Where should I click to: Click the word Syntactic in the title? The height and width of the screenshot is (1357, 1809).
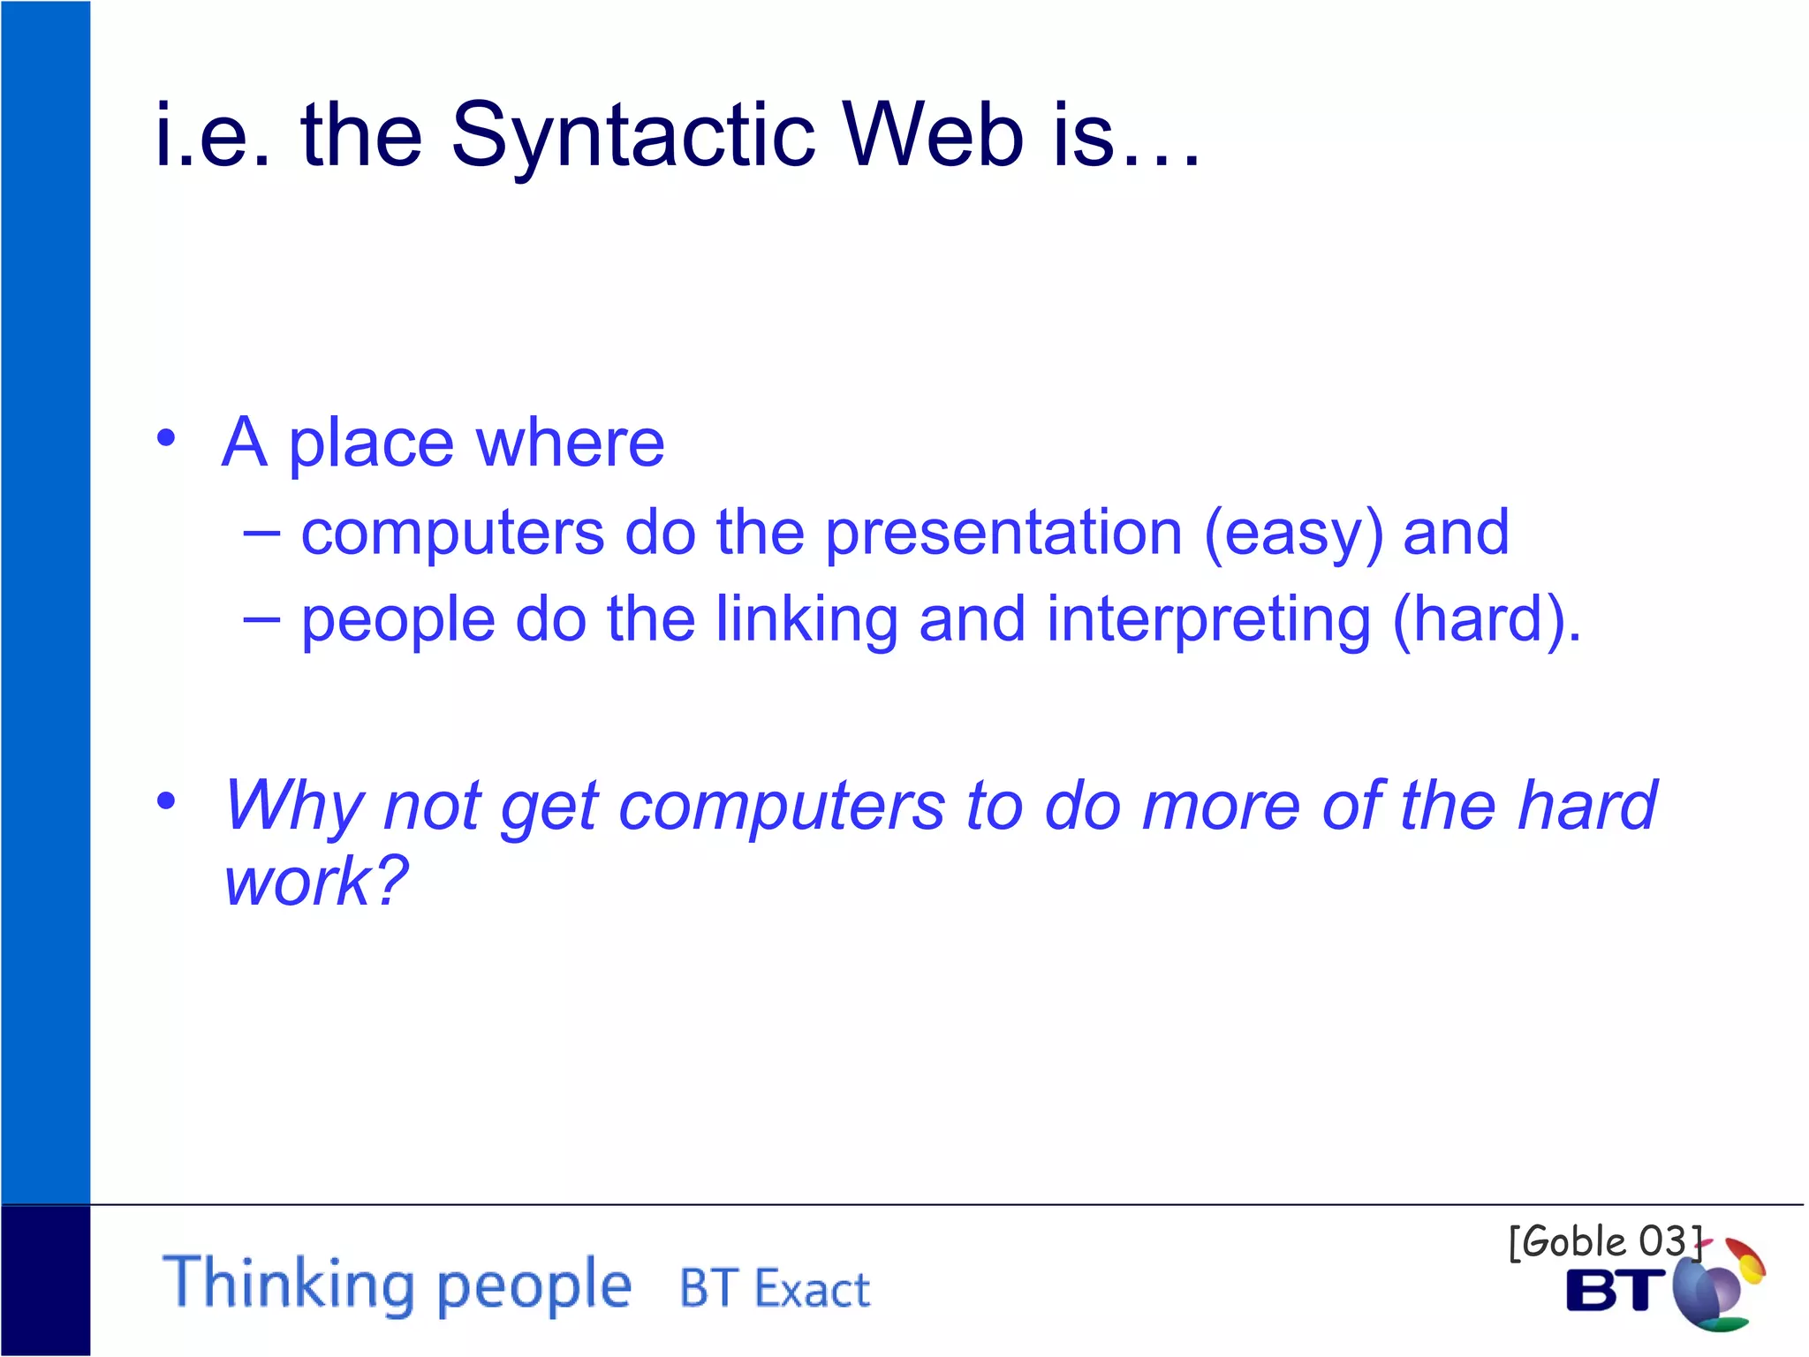(632, 135)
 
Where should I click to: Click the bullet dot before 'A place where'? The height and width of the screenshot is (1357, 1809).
(166, 438)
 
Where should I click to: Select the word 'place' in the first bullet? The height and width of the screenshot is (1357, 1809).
(371, 443)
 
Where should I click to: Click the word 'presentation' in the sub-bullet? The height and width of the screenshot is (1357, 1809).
(1003, 534)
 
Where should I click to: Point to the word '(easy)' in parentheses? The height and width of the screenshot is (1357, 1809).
(1293, 534)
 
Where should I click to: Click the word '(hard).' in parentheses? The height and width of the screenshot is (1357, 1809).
(1486, 620)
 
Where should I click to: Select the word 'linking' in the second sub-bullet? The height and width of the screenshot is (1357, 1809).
(806, 620)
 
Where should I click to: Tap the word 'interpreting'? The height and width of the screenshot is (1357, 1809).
(1208, 620)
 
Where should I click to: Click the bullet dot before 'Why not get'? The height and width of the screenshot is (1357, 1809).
(166, 800)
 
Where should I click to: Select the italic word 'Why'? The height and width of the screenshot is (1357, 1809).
(292, 806)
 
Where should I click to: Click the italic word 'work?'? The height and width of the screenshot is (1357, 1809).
(315, 881)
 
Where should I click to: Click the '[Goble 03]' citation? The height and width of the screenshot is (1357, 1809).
(1604, 1242)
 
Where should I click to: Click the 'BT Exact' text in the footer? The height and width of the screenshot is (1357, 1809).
(775, 1288)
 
